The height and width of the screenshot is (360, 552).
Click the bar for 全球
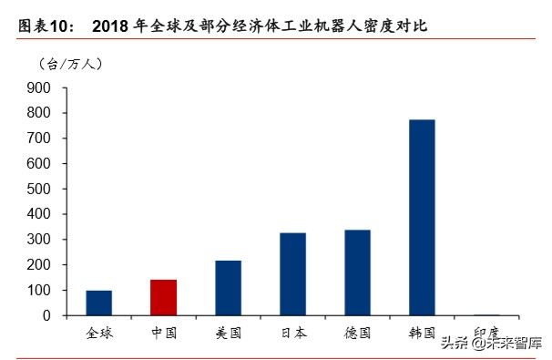pos(98,303)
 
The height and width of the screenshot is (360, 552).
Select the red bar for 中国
pos(163,297)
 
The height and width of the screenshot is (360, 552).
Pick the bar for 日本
pos(292,274)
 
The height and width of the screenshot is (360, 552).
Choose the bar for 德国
pos(357,273)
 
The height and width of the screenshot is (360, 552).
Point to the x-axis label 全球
pos(98,333)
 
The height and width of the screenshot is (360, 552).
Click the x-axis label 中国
pos(163,333)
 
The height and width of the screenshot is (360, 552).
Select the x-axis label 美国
pos(228,333)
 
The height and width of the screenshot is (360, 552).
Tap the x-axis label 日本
pos(292,333)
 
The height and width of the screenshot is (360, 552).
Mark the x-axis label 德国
pos(357,333)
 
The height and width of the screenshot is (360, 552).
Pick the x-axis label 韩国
pos(422,333)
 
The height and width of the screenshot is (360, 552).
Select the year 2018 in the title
pos(112,27)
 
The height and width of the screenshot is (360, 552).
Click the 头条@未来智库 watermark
pos(491,343)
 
